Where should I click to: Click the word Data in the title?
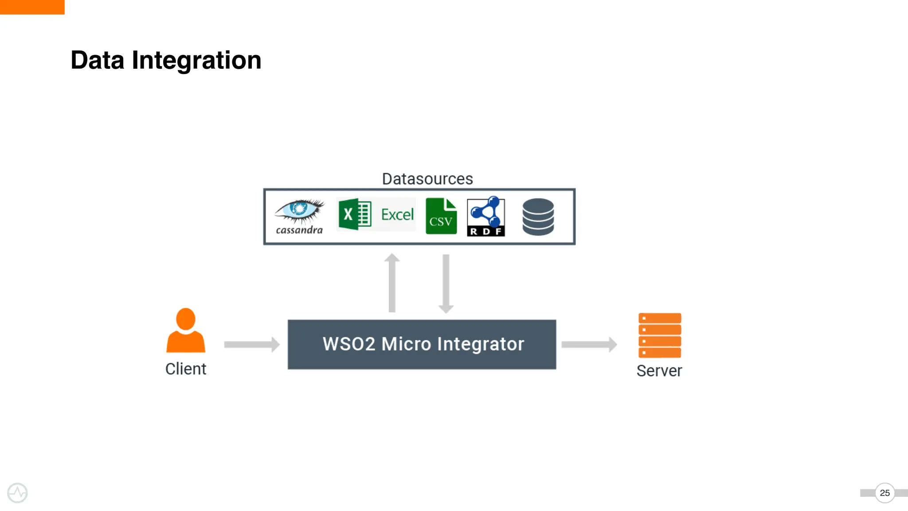[x=97, y=60]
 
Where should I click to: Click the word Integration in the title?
[x=196, y=60]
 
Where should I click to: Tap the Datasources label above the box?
[x=427, y=179]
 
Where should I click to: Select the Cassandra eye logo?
[x=300, y=210]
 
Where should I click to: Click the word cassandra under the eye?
[x=299, y=230]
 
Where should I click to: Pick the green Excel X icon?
[x=355, y=215]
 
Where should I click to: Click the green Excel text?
[x=397, y=215]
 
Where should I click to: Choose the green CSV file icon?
[x=441, y=216]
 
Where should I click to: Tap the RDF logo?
[x=486, y=216]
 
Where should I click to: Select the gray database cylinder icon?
[x=538, y=216]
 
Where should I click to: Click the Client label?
[x=186, y=369]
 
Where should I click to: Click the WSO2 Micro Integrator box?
[x=422, y=345]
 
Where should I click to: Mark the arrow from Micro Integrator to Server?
[x=589, y=345]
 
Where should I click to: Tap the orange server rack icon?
[x=660, y=335]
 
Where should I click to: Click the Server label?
[x=659, y=371]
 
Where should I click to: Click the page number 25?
[x=885, y=493]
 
